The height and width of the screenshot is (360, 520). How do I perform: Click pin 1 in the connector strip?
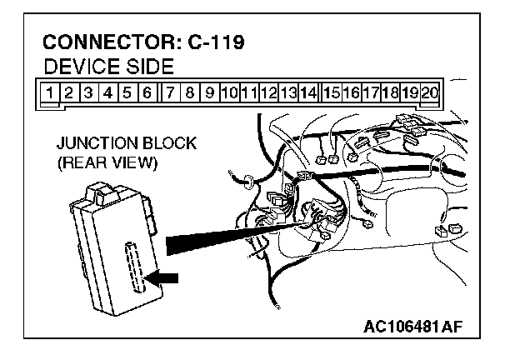click(51, 92)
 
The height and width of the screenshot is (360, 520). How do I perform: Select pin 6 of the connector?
click(147, 92)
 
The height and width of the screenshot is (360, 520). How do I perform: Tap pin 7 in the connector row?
click(171, 92)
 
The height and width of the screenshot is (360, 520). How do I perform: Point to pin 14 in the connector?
click(308, 92)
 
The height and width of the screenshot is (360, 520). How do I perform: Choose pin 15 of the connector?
click(332, 92)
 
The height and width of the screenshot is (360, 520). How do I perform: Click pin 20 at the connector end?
click(430, 92)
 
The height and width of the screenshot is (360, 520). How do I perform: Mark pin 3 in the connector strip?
click(89, 92)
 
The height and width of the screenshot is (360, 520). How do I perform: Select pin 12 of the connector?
click(269, 92)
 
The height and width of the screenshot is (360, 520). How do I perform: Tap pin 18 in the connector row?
click(390, 92)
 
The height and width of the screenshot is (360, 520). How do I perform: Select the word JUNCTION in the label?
click(90, 143)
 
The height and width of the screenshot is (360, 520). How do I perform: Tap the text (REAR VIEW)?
click(107, 162)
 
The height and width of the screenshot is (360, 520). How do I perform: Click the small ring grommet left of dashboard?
click(248, 180)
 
